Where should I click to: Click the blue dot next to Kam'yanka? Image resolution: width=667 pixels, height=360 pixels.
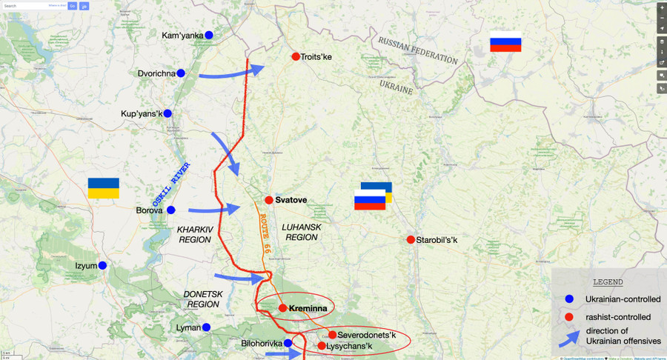209,35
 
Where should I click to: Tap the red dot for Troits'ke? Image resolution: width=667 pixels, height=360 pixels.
296,56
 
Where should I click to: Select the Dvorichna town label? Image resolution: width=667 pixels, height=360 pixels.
156,73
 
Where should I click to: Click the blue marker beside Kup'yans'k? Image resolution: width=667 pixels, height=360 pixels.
167,113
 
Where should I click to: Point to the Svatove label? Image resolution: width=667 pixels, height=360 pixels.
291,200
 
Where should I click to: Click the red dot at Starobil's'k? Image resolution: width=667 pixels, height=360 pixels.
411,239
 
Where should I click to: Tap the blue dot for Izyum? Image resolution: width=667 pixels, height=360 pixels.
102,265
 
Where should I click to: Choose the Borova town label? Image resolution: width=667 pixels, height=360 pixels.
149,210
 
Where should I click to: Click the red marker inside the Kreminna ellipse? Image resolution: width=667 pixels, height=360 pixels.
282,308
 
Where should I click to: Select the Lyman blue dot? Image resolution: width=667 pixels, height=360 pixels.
206,327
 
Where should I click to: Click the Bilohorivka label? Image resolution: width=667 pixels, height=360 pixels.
262,344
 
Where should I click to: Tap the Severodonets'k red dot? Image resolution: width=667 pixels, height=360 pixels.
332,335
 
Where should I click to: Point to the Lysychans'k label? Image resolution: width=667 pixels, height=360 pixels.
349,346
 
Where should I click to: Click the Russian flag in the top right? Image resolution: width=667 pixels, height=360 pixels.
505,44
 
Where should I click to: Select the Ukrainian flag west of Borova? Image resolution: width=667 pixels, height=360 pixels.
103,187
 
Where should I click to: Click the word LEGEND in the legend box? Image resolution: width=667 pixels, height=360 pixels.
608,282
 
